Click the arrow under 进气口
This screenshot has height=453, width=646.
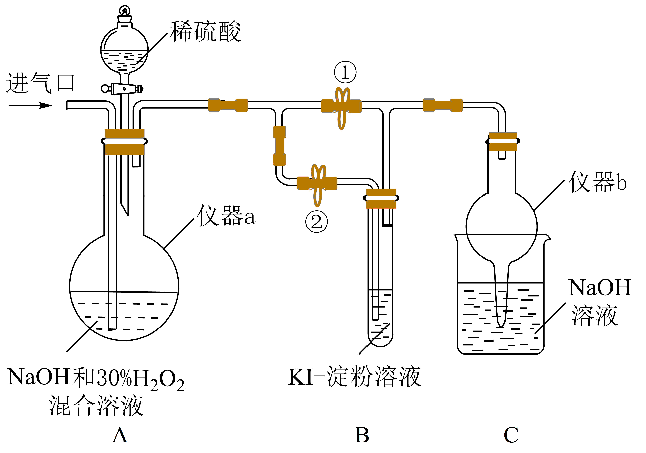click(x=31, y=106)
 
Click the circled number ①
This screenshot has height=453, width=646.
click(x=345, y=72)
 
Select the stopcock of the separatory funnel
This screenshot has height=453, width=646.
click(x=123, y=89)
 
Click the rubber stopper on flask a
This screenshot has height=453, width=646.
click(x=124, y=142)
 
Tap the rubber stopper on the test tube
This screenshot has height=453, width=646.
click(x=381, y=198)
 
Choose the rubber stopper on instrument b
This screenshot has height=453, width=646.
click(x=503, y=141)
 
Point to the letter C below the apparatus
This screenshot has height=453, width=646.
click(x=511, y=435)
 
